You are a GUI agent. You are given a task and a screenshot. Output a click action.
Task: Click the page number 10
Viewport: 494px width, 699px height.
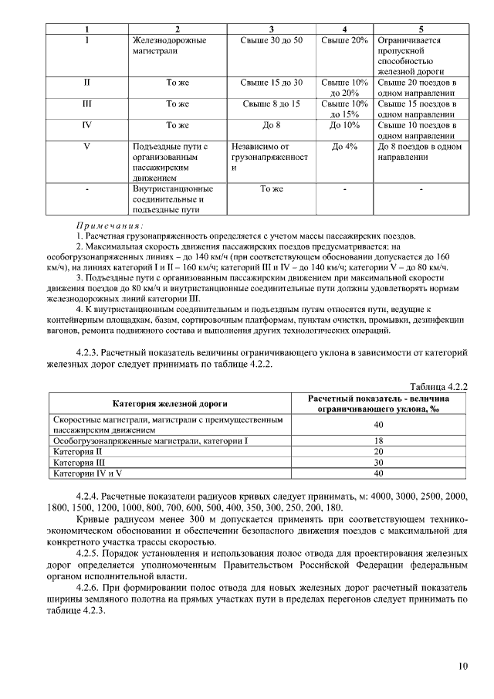coord(462,666)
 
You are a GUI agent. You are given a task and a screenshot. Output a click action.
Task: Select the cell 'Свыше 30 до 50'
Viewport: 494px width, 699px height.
coord(271,40)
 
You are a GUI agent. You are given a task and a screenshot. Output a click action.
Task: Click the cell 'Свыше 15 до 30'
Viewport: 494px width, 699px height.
coord(271,82)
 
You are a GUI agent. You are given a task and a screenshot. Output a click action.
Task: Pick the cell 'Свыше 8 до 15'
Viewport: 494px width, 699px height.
coord(271,103)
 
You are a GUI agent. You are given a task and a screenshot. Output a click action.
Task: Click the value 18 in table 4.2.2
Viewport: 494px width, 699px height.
coord(378,440)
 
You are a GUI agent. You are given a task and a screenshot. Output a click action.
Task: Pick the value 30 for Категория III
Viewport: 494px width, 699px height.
coord(378,461)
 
